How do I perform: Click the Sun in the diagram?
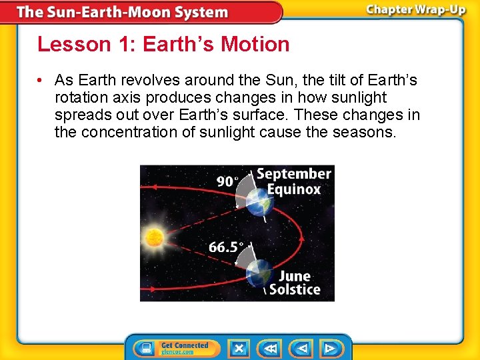[154, 236]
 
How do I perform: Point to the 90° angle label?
[228, 181]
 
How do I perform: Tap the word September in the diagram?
[294, 174]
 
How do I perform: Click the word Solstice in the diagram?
[295, 290]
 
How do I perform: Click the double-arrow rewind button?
[270, 348]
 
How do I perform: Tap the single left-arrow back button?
[302, 348]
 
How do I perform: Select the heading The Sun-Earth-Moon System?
[122, 12]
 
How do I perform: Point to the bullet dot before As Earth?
[41, 81]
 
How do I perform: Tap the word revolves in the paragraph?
[144, 81]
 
